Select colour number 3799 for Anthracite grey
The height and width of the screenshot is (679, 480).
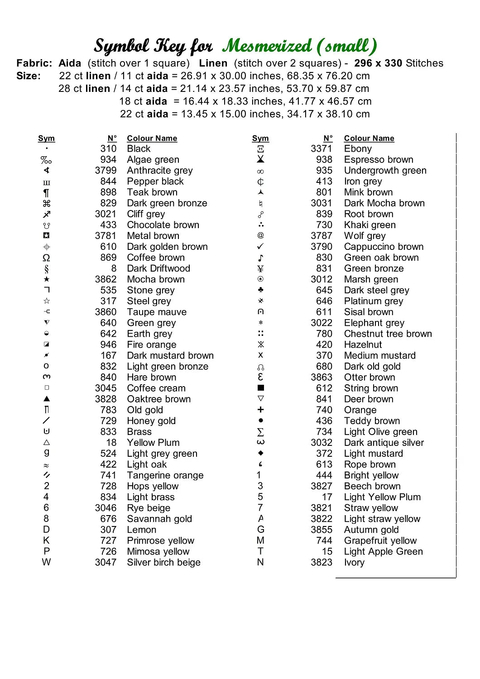[x=106, y=171]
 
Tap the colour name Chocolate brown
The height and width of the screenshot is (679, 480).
[x=163, y=225]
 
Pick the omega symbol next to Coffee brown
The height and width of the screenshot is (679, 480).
[x=46, y=258]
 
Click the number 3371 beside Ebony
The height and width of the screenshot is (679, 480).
[x=321, y=149]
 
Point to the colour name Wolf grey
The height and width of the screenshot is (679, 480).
[x=365, y=236]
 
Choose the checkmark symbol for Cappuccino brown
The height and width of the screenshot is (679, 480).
[x=260, y=247]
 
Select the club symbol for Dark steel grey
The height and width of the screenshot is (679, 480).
[x=260, y=290]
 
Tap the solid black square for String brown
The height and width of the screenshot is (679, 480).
[x=260, y=388]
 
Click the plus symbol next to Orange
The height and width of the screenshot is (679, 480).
[x=260, y=410]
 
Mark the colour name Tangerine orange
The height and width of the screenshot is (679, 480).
[x=165, y=475]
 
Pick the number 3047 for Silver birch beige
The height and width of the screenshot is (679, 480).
[x=106, y=562]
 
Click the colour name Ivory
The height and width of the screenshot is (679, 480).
[x=354, y=562]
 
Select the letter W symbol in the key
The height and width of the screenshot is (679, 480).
[x=46, y=562]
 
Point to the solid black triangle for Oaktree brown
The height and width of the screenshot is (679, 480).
[x=47, y=399]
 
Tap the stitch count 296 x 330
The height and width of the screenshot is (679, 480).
[x=378, y=63]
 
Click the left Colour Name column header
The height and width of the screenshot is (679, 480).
[x=152, y=139]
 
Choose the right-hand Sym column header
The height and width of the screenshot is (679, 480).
[x=260, y=139]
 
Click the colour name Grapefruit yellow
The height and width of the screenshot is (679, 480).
[x=380, y=540]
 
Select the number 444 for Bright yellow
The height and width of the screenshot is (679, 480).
[x=324, y=475]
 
